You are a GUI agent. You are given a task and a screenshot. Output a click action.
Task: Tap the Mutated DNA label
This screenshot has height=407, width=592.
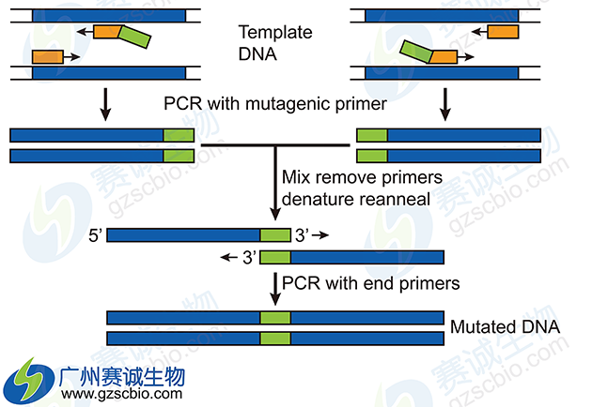point(505,327)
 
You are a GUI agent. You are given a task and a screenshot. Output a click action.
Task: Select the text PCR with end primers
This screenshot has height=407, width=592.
point(371,282)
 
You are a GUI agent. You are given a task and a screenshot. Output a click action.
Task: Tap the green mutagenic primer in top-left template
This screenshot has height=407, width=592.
point(133,37)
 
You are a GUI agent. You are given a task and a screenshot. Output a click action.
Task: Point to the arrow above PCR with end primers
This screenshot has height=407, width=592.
point(275,288)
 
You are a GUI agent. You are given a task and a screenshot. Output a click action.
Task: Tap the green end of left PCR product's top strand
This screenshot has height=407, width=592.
point(179,135)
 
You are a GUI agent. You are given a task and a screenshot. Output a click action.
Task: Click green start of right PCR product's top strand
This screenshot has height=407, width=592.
point(371,135)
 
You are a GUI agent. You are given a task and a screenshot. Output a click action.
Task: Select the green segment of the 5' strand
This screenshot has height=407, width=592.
point(275,235)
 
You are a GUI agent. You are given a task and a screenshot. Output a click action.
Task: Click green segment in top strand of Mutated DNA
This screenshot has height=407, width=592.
point(275,318)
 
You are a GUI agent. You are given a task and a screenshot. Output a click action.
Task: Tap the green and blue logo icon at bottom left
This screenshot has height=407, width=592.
point(29,381)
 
